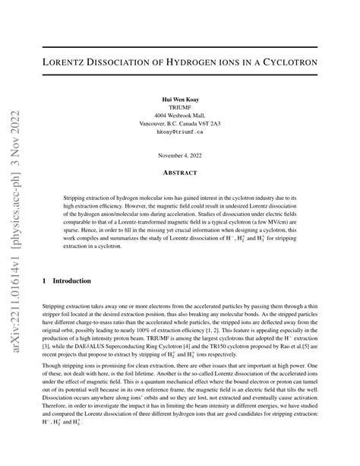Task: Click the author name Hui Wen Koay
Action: (179, 100)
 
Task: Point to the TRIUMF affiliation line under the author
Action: (179, 108)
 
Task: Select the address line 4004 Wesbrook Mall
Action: (179, 116)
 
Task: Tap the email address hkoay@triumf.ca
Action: (179, 132)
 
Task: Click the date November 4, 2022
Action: (179, 156)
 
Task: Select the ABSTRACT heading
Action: (179, 173)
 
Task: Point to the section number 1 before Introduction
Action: (45, 281)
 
